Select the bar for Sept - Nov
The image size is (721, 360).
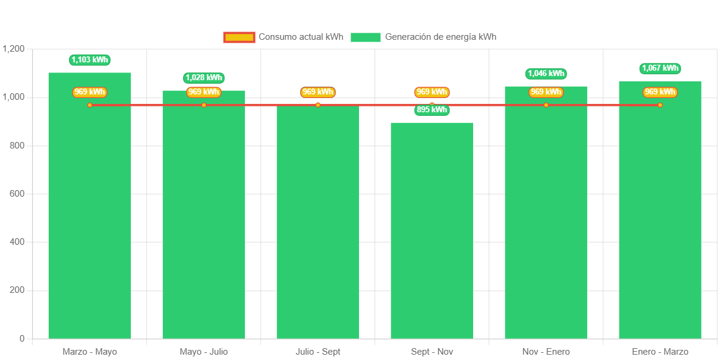click(432, 232)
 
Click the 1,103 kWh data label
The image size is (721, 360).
click(90, 60)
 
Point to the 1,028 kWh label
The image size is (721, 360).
click(204, 78)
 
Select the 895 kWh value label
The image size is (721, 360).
click(432, 110)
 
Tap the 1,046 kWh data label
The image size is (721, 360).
click(546, 74)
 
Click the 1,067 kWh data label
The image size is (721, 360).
click(660, 68)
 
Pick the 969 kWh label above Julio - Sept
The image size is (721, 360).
click(317, 92)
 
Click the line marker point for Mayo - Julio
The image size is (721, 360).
click(204, 105)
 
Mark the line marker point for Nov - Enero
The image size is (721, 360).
click(546, 105)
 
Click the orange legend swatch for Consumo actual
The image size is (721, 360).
click(239, 37)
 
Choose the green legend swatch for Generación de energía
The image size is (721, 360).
click(365, 37)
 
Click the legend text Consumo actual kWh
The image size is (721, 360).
click(301, 37)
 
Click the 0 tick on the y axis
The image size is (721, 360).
click(22, 339)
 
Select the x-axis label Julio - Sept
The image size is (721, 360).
click(317, 352)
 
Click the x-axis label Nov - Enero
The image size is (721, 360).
click(546, 352)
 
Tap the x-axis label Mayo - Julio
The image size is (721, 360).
click(204, 352)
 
